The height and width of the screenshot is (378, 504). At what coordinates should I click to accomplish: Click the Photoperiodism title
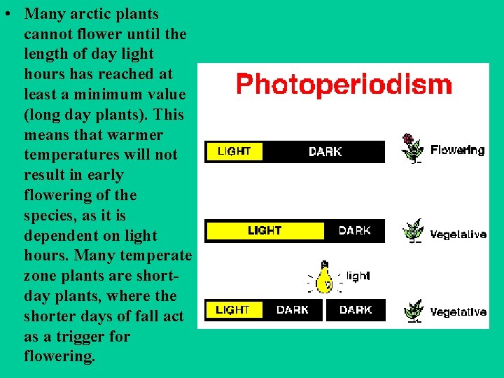[344, 85]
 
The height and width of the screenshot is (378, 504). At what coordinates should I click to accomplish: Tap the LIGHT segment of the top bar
[234, 151]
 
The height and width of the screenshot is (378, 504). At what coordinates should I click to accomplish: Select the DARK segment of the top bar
[325, 151]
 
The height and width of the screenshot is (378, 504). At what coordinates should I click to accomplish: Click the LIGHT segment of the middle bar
[265, 230]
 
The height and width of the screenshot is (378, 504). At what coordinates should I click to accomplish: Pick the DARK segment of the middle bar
[354, 230]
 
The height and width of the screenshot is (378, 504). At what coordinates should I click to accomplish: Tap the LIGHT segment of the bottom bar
[232, 309]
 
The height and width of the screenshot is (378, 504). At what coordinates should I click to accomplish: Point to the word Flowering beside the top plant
[457, 150]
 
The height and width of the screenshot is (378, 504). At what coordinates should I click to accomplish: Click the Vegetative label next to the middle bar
[458, 234]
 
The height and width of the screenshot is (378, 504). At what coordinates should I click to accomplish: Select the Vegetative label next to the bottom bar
[458, 311]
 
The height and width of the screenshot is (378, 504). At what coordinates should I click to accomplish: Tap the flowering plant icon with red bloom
[412, 148]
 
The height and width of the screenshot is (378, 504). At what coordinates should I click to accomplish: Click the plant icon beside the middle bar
[414, 230]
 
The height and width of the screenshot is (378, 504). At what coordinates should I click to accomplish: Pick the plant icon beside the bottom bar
[414, 309]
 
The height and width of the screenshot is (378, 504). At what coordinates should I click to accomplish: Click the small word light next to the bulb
[358, 276]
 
